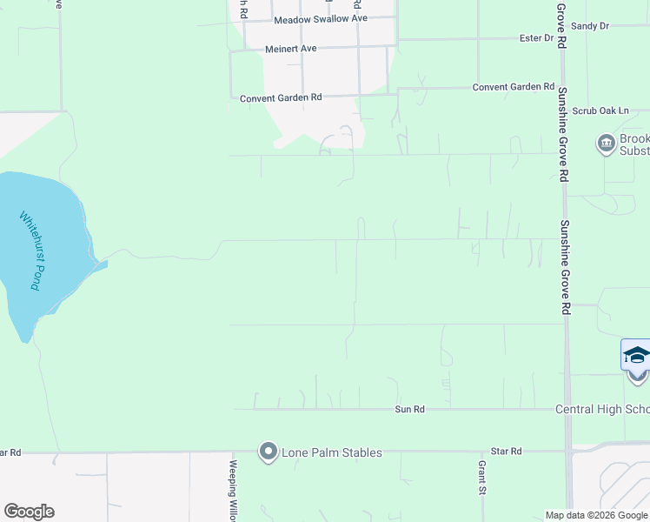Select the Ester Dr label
pos(536,38)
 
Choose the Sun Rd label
pos(409,409)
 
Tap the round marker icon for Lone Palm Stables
pos(268,452)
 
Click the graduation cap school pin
pos(637,357)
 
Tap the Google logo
pos(29,512)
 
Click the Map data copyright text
pos(596,515)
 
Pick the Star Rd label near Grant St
pos(506,452)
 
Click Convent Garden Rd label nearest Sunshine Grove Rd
pos(513,87)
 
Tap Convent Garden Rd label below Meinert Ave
pos(281,98)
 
